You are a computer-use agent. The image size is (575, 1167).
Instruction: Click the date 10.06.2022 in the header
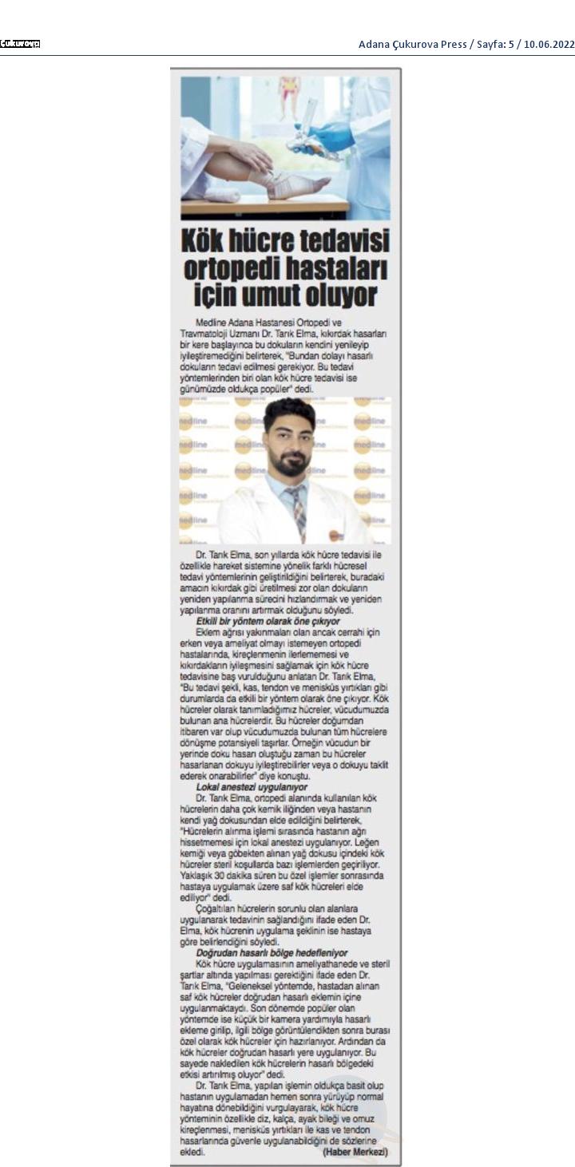(x=550, y=44)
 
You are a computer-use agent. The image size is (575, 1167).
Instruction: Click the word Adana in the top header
(x=375, y=44)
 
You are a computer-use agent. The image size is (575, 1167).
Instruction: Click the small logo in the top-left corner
(x=20, y=44)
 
